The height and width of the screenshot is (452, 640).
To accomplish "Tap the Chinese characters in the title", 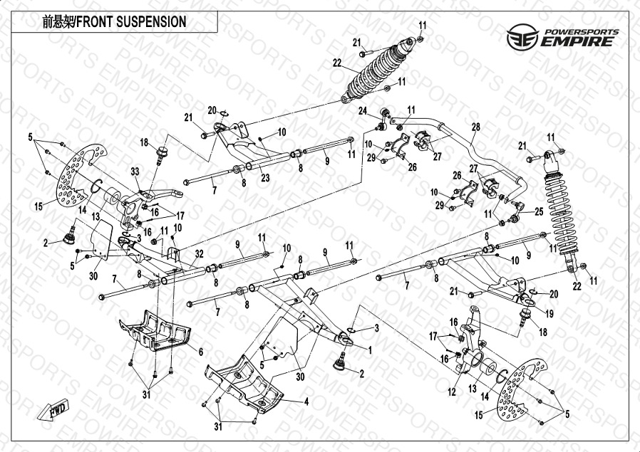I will point(57,21).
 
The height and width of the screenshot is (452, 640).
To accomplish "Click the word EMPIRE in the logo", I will point(577,41).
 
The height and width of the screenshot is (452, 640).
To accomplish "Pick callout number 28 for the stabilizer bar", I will point(475,127).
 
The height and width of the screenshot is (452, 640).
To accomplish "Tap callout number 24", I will point(362,111).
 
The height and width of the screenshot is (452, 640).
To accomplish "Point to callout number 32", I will point(199,253).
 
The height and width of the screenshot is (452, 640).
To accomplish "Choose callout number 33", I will point(134,171).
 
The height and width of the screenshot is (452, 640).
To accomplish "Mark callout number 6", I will point(201,352).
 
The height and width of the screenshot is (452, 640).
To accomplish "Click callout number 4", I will point(306,401).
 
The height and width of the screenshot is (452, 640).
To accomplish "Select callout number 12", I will point(450,391).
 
